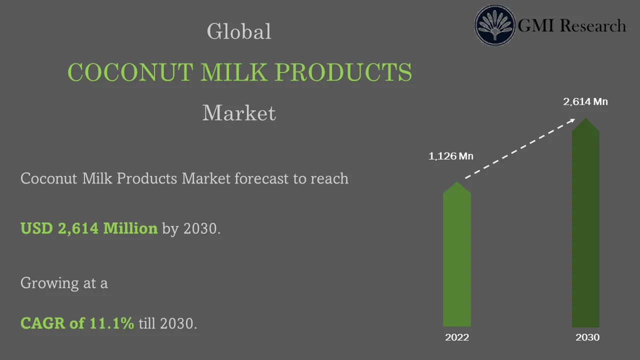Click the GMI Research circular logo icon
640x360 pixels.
point(495,25)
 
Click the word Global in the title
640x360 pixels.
point(239,31)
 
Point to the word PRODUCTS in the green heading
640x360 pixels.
point(343,72)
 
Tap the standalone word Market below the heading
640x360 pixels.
point(239,113)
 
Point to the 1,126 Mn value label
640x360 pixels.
point(450,156)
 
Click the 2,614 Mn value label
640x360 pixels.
point(585,102)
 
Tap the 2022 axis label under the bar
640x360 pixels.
point(457,337)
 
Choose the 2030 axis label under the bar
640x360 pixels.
point(587,337)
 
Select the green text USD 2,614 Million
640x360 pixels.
point(89,228)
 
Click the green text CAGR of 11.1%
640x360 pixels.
point(77,323)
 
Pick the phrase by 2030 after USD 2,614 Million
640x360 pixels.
point(191,228)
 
